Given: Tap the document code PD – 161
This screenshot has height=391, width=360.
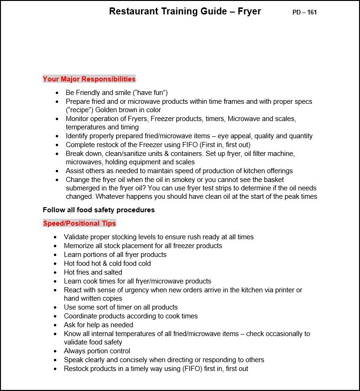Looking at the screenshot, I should (305, 13).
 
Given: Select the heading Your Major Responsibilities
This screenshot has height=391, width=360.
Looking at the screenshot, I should (89, 79).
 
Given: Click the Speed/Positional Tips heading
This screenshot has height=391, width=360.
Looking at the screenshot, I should (80, 223).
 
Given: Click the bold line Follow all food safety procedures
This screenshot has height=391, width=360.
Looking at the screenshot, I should (99, 210).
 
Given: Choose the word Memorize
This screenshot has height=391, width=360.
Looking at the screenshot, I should (79, 246).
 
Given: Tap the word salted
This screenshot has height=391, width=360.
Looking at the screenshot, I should (113, 272).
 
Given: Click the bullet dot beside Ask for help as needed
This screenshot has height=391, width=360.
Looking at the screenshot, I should (55, 325).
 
